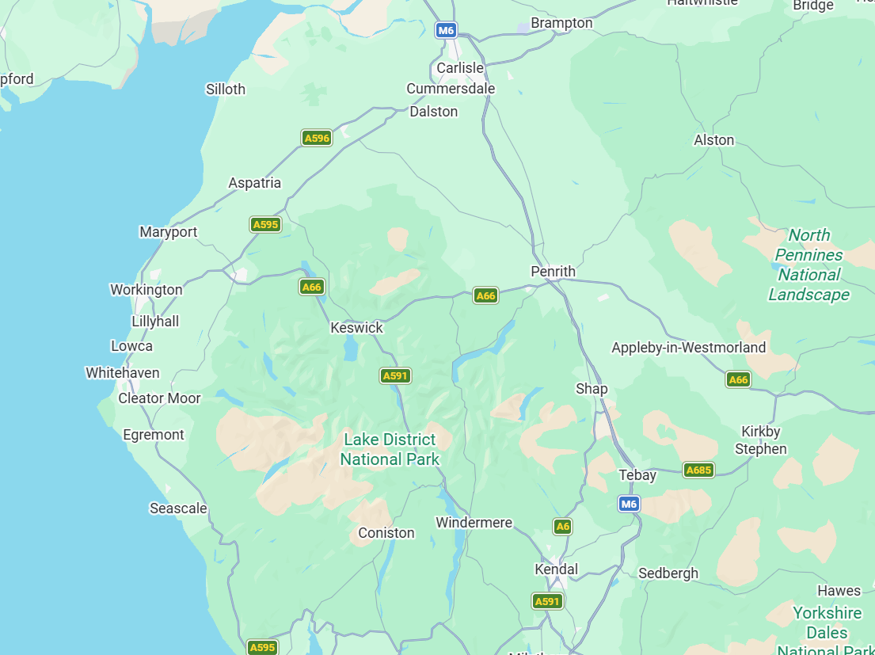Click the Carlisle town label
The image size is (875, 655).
460,68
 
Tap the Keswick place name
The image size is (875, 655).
356,328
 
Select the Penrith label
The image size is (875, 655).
553,272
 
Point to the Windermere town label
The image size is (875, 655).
474,523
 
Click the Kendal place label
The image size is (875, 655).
556,569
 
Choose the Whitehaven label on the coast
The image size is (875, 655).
123,373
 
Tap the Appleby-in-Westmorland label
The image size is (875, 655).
688,348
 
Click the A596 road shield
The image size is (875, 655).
317,138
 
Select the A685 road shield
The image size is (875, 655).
698,470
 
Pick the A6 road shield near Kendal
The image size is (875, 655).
562,526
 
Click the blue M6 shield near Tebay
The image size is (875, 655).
629,504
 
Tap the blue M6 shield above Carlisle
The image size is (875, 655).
447,31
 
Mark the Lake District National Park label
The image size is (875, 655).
390,449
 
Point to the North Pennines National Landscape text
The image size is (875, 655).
808,265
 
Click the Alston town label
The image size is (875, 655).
713,140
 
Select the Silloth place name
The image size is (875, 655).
226,89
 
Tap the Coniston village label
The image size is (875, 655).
386,533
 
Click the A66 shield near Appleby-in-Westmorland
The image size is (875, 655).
738,379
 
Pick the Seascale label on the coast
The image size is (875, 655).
178,508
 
